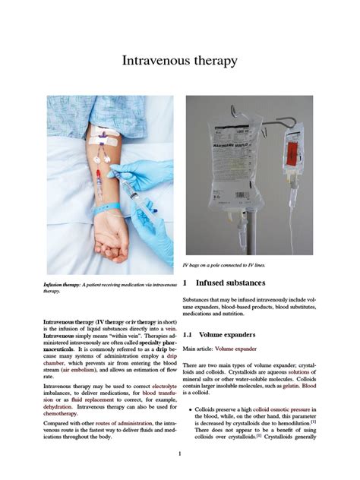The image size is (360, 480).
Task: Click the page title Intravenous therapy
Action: (x=180, y=60)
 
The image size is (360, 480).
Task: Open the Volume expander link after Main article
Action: (x=236, y=349)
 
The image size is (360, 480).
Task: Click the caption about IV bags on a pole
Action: (x=229, y=265)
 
